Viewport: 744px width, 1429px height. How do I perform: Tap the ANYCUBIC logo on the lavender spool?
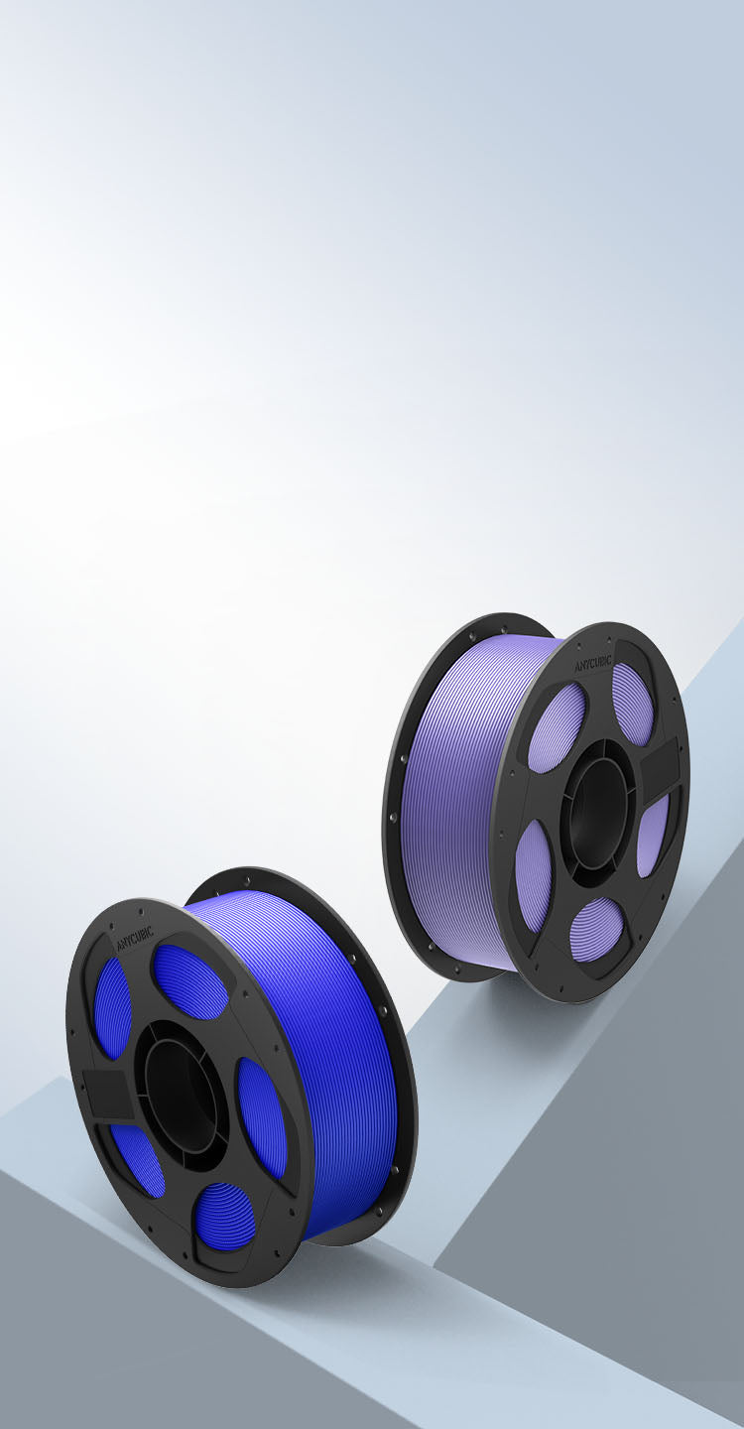(584, 663)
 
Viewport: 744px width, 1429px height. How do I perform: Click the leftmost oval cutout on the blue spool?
(112, 1008)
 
